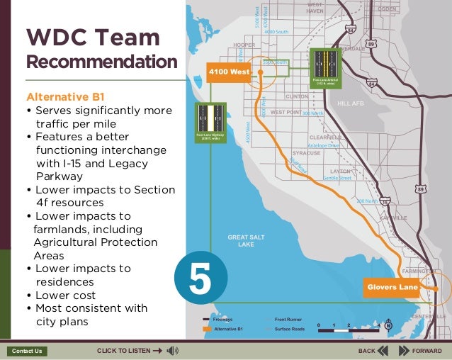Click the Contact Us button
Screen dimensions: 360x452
click(x=28, y=351)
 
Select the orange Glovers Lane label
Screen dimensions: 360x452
click(x=391, y=287)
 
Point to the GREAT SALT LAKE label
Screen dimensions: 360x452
click(x=246, y=241)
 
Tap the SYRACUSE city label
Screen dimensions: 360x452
click(x=306, y=153)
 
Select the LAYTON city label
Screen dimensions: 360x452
click(x=340, y=171)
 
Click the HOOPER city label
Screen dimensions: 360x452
click(x=244, y=45)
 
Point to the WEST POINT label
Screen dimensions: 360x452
click(x=286, y=113)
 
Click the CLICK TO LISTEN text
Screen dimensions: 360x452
click(x=124, y=351)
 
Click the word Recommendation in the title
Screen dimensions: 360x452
click(x=101, y=62)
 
